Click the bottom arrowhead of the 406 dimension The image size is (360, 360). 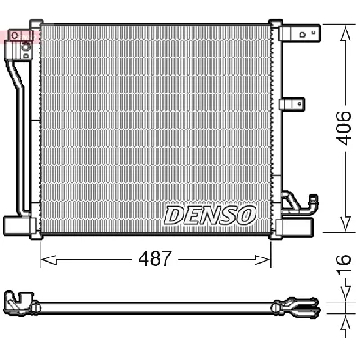[343, 227]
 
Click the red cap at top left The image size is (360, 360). [13, 35]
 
